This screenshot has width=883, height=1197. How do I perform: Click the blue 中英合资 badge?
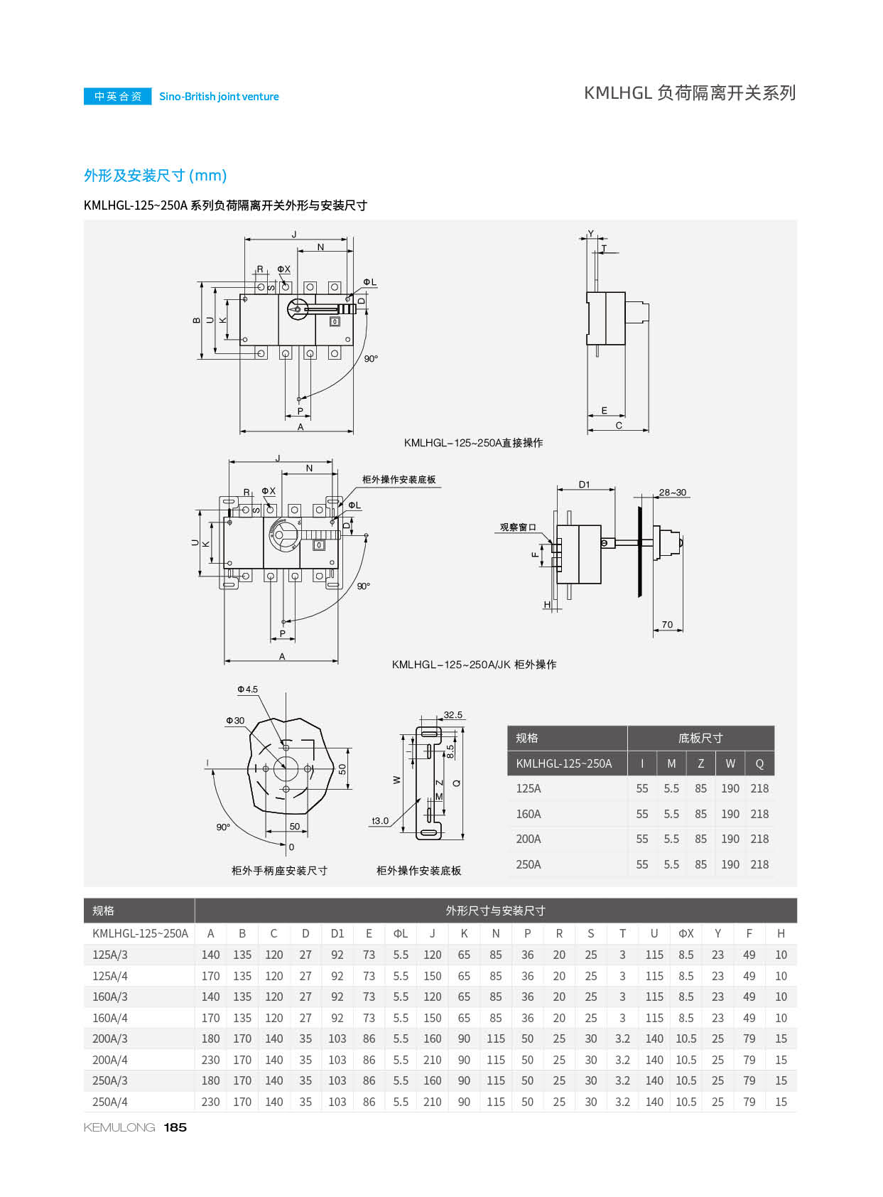tap(118, 96)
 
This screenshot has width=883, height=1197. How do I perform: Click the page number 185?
tap(175, 1127)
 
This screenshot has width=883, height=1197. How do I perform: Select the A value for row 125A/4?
tap(210, 976)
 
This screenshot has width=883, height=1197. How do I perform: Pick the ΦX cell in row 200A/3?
tap(686, 1038)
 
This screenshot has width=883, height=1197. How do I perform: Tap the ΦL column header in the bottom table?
tap(401, 933)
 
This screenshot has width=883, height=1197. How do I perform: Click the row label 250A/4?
tap(110, 1102)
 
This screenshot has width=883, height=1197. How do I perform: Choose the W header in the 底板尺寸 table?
tap(730, 763)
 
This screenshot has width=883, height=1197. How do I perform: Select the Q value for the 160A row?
tap(759, 814)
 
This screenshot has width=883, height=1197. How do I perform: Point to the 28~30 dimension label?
tap(672, 492)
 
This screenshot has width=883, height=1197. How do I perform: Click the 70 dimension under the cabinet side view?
tap(667, 624)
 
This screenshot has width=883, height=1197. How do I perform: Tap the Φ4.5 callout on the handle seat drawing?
tap(248, 689)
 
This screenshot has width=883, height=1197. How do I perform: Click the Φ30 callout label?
tap(235, 721)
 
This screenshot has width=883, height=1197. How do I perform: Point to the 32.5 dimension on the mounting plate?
tap(453, 715)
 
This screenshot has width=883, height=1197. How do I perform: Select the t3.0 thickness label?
tap(380, 821)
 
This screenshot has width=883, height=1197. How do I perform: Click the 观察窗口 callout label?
tap(518, 527)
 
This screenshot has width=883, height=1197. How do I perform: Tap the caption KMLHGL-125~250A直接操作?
tap(473, 443)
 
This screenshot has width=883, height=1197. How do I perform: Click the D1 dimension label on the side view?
tap(584, 485)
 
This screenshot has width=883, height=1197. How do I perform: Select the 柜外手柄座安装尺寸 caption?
tap(279, 871)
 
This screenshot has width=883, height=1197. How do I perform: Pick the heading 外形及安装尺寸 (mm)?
tap(155, 176)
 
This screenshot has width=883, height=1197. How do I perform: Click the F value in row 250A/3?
tap(749, 1080)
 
